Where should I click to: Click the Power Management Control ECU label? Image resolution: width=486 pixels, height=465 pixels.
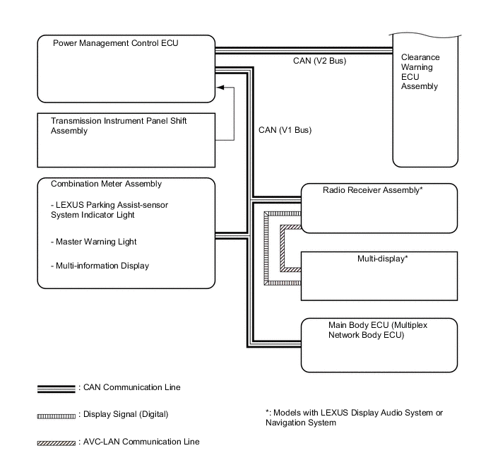coord(116,43)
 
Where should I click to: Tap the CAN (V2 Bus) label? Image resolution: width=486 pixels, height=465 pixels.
coord(319,61)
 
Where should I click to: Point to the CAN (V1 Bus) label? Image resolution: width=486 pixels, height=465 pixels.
coord(285,130)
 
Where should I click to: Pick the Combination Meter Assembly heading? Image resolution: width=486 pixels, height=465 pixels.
coord(107,184)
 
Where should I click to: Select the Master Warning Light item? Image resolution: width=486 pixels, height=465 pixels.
coord(94,242)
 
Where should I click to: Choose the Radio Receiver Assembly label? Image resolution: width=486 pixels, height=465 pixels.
coord(372,191)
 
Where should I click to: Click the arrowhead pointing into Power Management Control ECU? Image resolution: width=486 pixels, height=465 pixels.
coord(221,88)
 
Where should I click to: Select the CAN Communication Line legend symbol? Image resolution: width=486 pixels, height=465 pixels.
coord(56,388)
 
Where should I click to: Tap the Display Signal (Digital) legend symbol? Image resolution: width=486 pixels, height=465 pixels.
coord(56,415)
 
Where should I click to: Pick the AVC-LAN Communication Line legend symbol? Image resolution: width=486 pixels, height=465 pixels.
coord(56,443)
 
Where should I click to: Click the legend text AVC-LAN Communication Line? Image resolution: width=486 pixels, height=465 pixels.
coord(141,442)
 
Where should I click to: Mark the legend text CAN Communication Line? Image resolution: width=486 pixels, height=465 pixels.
coord(131,387)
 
